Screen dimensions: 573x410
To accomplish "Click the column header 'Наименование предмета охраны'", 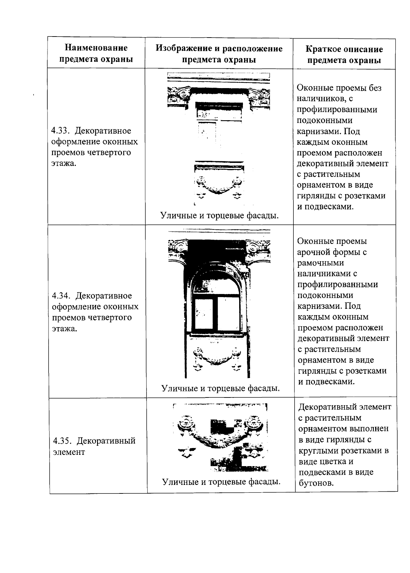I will click(96, 53).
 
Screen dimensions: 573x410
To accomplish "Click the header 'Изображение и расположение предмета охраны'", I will click(219, 54).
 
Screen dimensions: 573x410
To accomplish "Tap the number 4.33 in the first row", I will click(60, 131).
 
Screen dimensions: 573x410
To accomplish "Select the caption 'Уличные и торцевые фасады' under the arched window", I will click(220, 388).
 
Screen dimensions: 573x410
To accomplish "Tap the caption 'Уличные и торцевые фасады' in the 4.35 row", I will click(221, 482).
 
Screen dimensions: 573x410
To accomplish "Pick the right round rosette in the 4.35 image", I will click(255, 423).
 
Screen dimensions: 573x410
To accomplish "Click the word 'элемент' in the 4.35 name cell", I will click(69, 452).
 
